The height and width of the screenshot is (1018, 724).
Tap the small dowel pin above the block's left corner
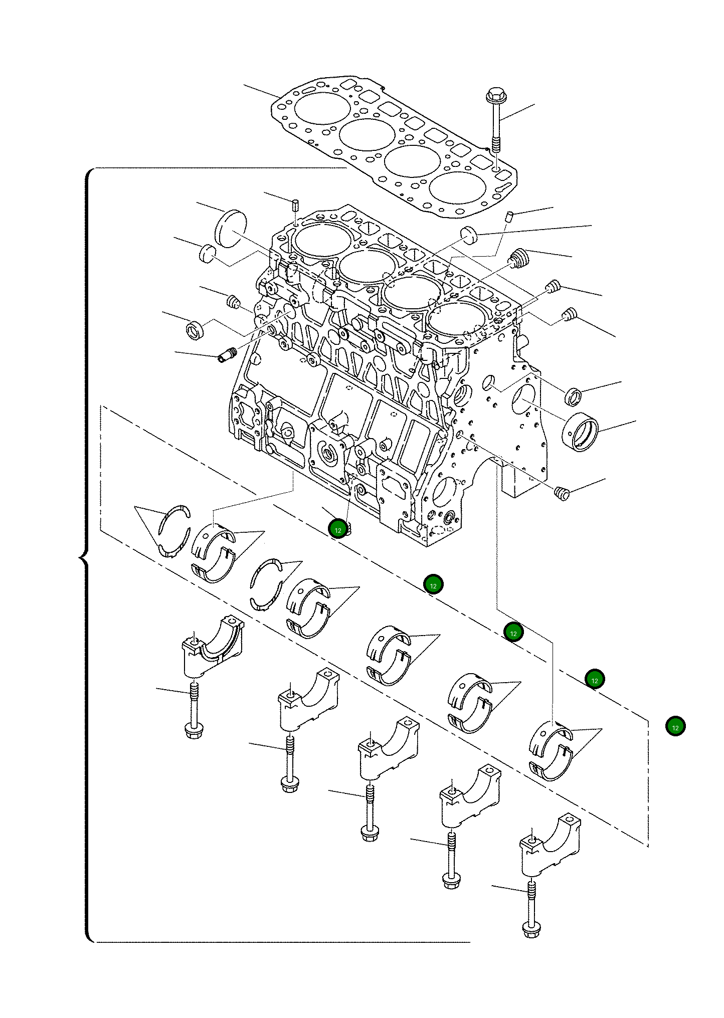tap(296, 205)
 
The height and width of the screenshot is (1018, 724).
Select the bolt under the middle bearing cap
tap(369, 812)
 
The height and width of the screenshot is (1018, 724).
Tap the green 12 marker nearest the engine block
tap(338, 529)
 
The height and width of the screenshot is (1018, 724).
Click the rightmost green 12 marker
tap(675, 726)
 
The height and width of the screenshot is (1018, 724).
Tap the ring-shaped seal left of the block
tap(195, 330)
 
